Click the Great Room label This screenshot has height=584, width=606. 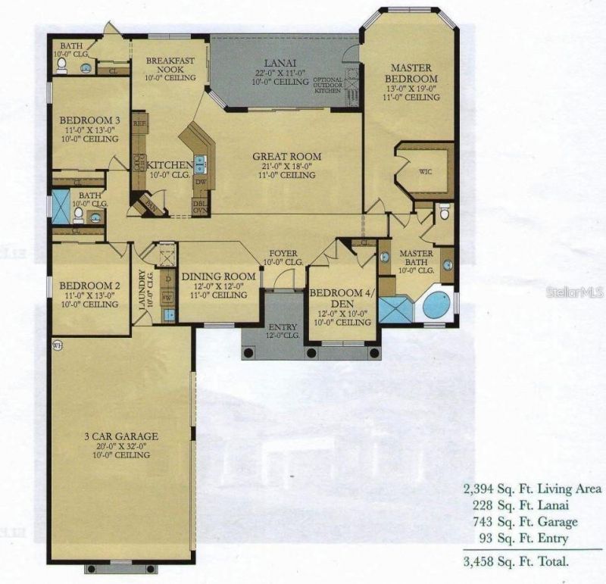(x=286, y=157)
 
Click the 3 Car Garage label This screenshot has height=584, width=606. (x=121, y=436)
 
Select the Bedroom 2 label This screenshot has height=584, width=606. (x=89, y=286)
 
